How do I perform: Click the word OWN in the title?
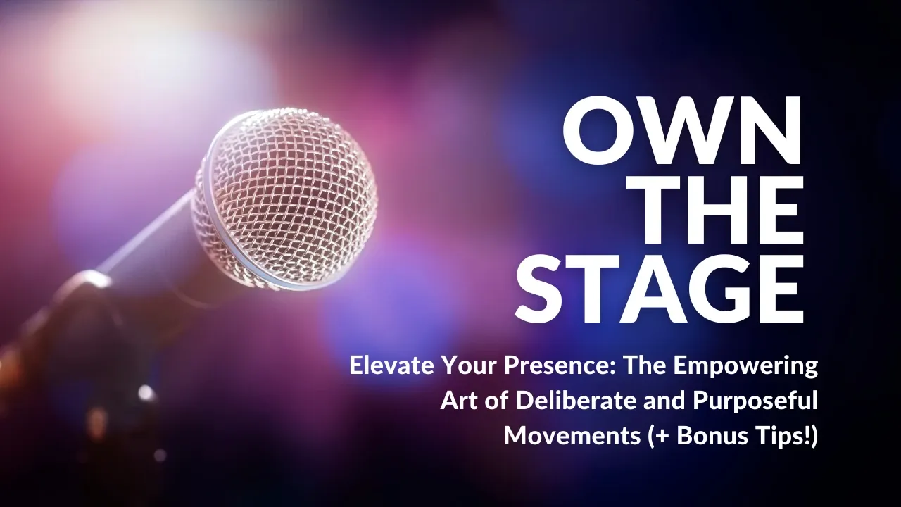682,130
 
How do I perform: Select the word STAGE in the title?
660,289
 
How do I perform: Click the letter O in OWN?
596,130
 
